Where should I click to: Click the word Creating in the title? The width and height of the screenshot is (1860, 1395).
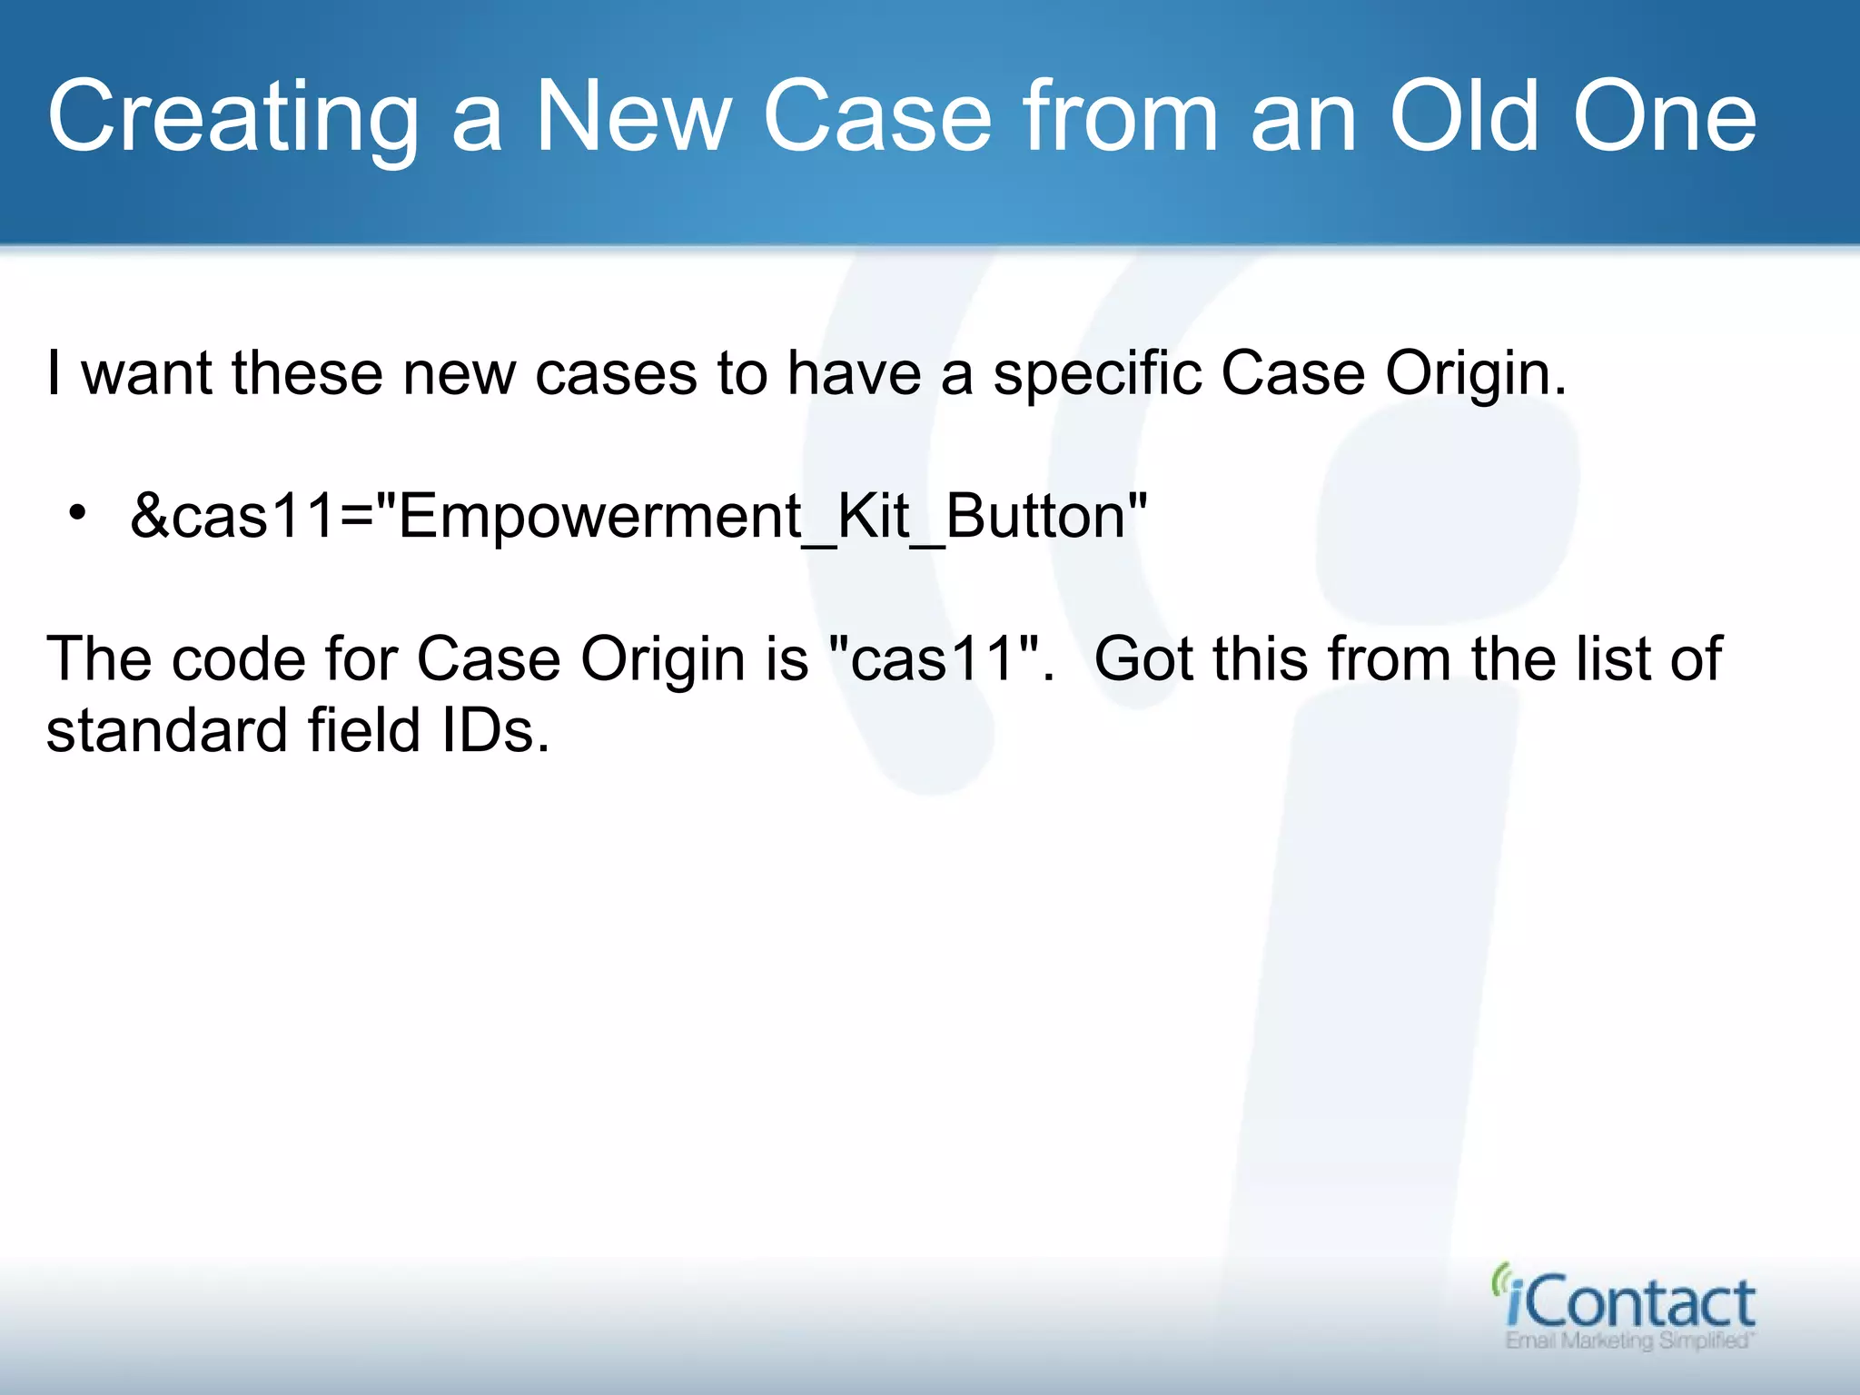point(232,118)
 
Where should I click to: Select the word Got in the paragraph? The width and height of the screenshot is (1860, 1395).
point(1143,658)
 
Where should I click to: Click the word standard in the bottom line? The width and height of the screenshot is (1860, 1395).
point(165,731)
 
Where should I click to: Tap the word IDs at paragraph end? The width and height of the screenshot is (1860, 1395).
point(495,731)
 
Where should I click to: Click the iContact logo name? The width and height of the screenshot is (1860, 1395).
point(1630,1304)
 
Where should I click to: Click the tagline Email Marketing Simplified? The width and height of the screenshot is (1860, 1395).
point(1629,1341)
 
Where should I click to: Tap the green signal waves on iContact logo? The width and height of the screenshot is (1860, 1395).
point(1499,1278)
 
